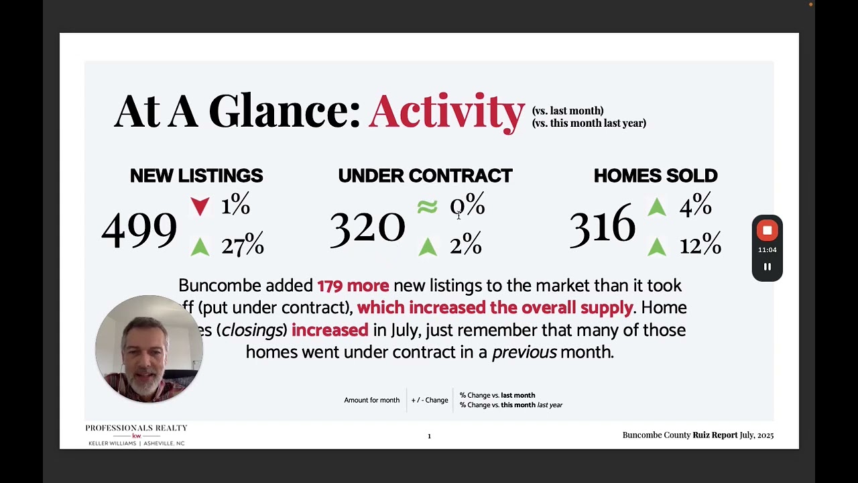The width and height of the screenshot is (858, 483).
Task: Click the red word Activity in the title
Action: [x=446, y=111]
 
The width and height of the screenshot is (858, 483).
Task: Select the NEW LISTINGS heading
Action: [x=196, y=176]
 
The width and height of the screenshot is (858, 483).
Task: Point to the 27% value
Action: [x=243, y=246]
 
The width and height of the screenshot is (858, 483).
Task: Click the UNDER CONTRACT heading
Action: [x=425, y=176]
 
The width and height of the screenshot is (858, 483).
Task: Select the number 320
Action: [x=367, y=228]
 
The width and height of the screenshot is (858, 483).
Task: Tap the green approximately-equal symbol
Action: [x=427, y=207]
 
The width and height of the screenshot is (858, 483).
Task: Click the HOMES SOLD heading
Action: [x=656, y=176]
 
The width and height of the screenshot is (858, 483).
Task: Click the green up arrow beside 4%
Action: [x=657, y=207]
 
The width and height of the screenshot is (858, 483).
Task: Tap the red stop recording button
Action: [x=768, y=231]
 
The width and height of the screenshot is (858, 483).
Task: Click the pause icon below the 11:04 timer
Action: [x=768, y=267]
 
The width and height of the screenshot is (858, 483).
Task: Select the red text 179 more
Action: [x=353, y=286]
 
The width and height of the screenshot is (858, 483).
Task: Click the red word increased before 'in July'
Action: [x=330, y=330]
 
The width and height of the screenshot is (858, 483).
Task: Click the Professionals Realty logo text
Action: [x=136, y=428]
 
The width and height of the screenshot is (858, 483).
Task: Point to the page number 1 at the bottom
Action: [x=429, y=436]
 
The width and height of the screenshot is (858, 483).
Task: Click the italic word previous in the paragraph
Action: [x=524, y=352]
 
